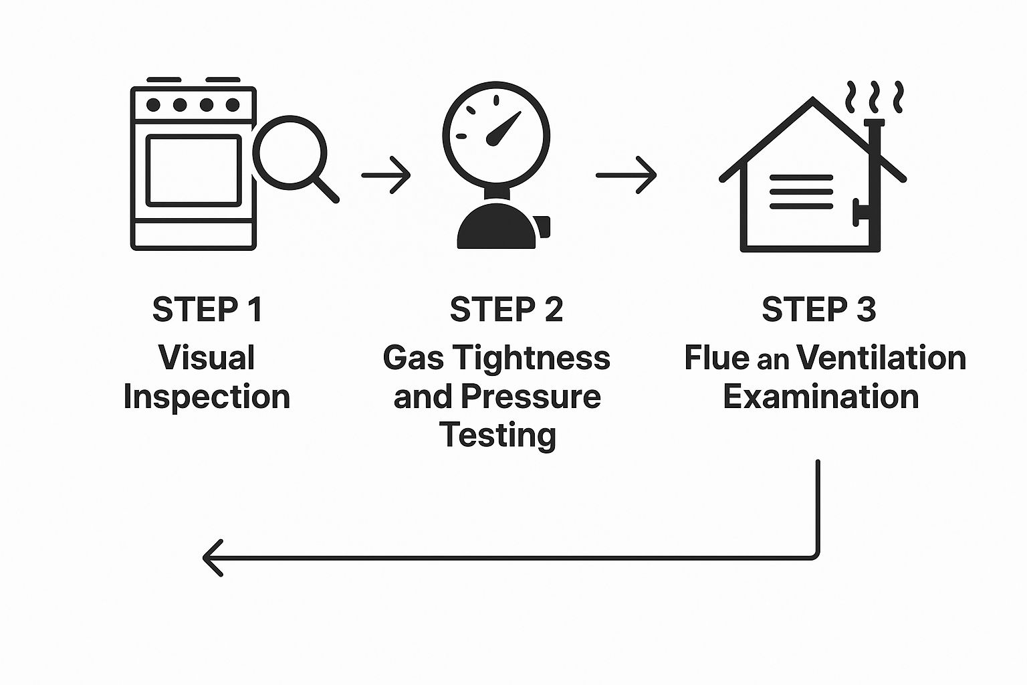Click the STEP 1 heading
(x=207, y=309)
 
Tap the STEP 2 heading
(x=506, y=309)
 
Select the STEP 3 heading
(x=818, y=309)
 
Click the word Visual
(x=207, y=357)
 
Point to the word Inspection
(x=207, y=396)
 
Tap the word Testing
(x=498, y=435)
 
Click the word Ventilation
(x=881, y=357)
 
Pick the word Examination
(x=820, y=396)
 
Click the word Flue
(x=716, y=357)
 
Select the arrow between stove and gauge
(x=386, y=175)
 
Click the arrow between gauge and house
(x=626, y=175)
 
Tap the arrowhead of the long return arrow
(x=213, y=557)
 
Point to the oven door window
(x=193, y=170)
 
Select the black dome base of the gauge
(x=496, y=227)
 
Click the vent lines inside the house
(x=801, y=191)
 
